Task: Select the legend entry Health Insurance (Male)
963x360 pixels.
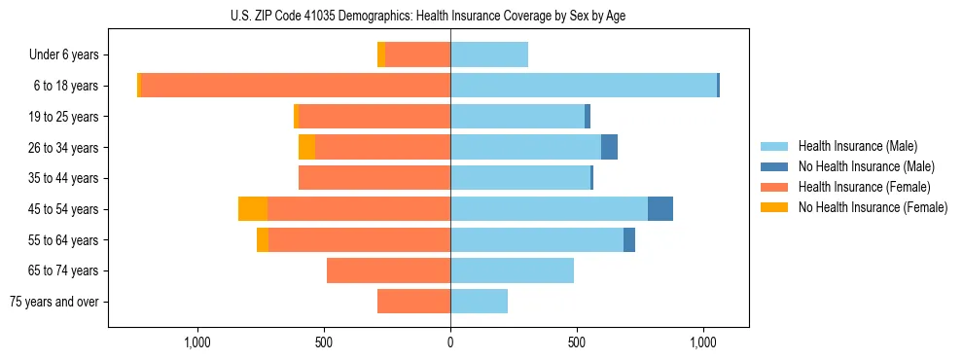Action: (x=857, y=146)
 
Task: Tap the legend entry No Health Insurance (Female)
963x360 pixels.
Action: (x=873, y=207)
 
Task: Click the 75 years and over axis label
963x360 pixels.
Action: (x=54, y=302)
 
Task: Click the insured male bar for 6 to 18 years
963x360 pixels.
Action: (x=584, y=86)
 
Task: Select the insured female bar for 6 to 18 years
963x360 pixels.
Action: (x=296, y=86)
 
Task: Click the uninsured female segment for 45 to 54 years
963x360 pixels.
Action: (x=253, y=209)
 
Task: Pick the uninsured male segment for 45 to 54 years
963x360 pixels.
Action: (x=660, y=209)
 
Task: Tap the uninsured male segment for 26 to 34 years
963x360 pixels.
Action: (x=609, y=148)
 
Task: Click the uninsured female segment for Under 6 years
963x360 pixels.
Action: (x=381, y=55)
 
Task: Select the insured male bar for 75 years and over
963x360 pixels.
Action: (x=479, y=302)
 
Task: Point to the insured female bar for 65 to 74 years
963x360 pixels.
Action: (x=388, y=270)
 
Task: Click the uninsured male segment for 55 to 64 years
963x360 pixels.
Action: (x=629, y=240)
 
